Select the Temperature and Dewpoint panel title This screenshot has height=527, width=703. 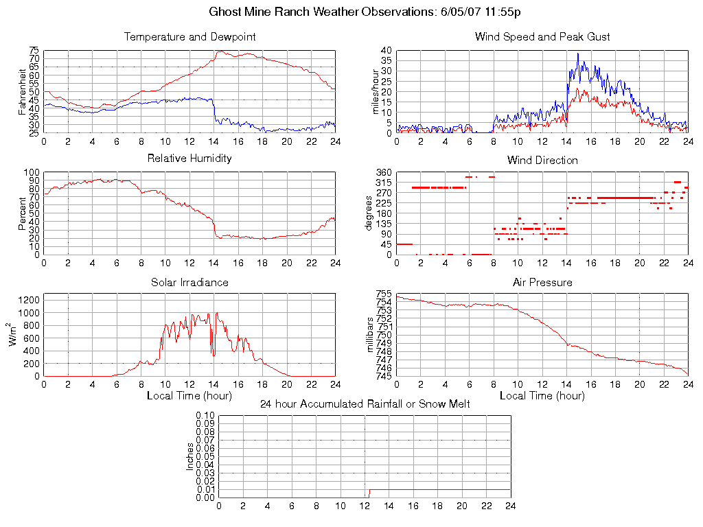[x=189, y=37]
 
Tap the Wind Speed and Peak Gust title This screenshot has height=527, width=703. [x=542, y=37]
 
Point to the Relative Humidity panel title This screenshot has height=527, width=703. [x=189, y=159]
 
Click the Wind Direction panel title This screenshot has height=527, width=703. [x=542, y=161]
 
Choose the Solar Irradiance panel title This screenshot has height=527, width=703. [x=189, y=283]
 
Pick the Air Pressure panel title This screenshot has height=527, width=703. [x=542, y=283]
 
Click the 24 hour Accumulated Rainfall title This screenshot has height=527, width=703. [x=365, y=404]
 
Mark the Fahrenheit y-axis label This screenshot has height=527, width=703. [x=22, y=92]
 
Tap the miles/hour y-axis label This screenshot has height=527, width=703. [x=376, y=92]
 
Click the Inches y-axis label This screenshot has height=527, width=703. [x=190, y=456]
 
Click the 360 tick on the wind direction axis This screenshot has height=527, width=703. [x=383, y=173]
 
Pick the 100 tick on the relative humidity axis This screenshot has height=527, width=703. [x=32, y=173]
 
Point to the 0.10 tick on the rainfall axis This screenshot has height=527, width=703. [x=205, y=416]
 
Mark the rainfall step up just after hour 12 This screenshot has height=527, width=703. [x=369, y=493]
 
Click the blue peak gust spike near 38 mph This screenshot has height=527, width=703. [x=577, y=54]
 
